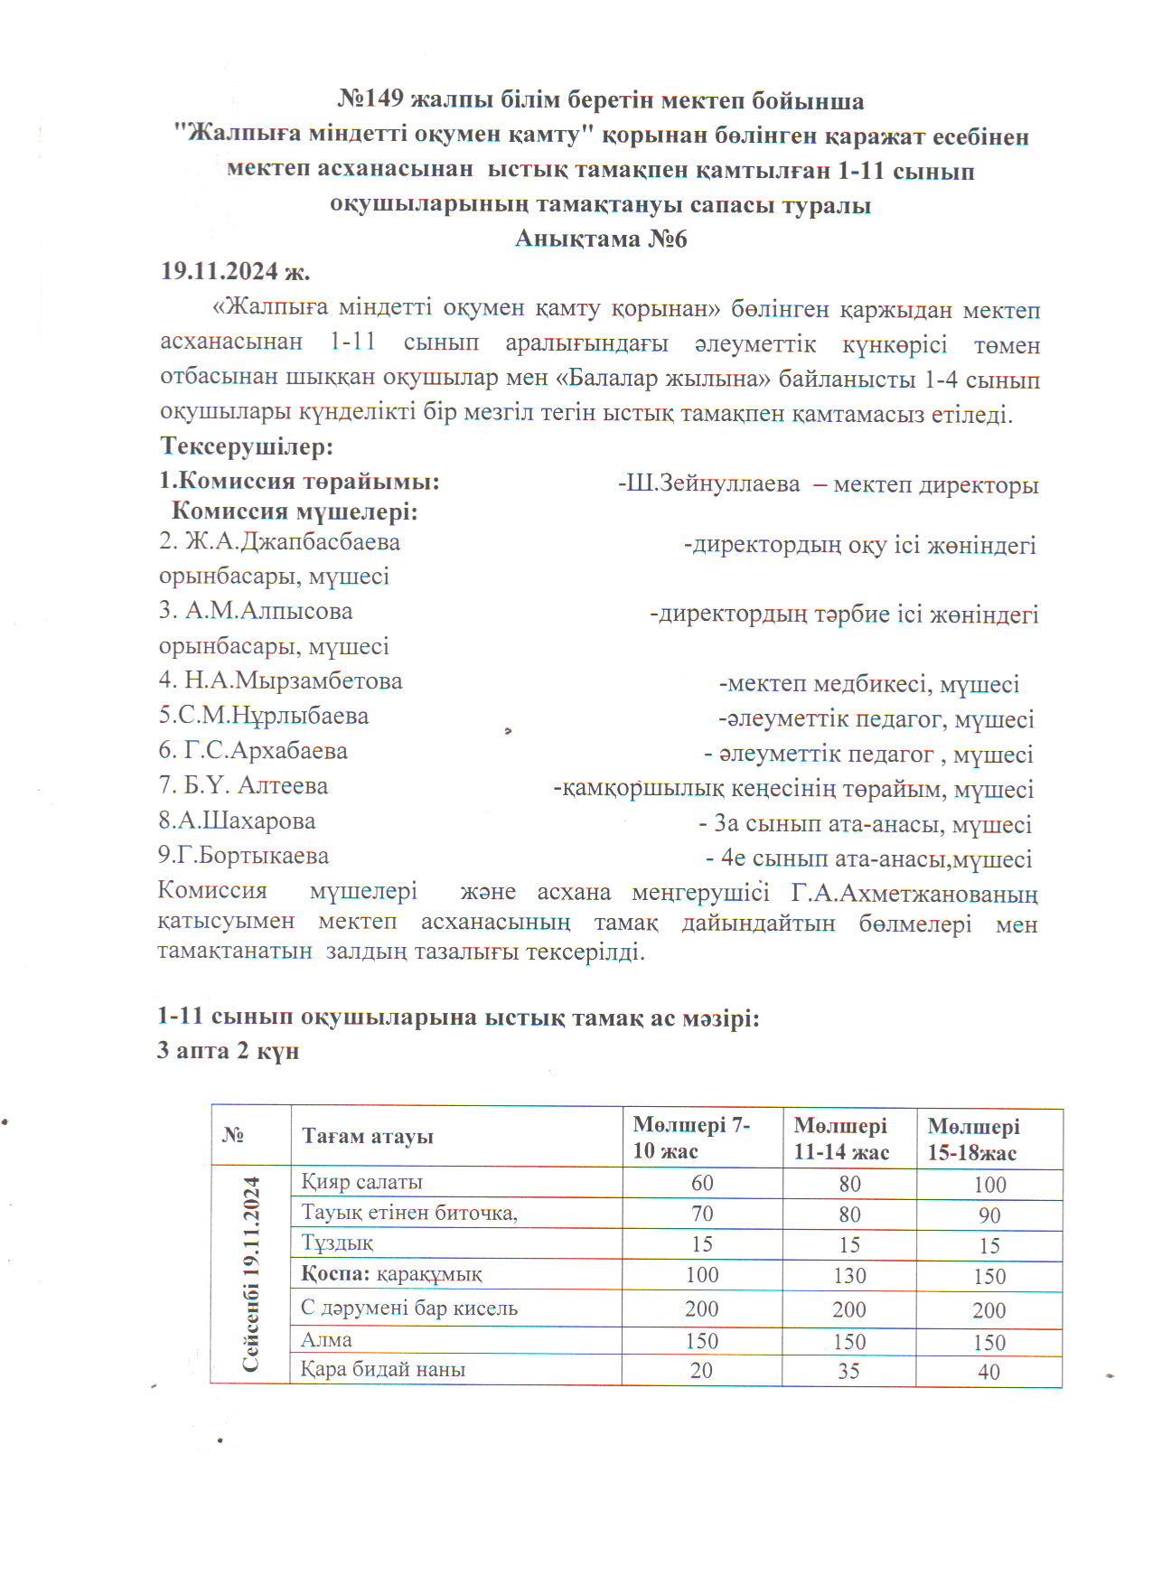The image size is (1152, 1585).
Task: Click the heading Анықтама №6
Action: click(x=601, y=239)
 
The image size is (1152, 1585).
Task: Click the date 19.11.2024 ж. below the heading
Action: click(x=235, y=272)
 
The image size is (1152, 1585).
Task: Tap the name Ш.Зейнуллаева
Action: click(x=713, y=484)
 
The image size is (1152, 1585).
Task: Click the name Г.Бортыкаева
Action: click(x=243, y=856)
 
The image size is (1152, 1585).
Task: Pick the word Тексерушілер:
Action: click(x=247, y=447)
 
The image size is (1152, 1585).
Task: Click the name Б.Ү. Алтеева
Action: click(x=243, y=786)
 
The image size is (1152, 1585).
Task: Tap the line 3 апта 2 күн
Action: click(x=228, y=1051)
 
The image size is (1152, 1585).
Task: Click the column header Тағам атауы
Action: click(x=367, y=1137)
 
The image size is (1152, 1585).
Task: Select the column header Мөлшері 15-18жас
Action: click(x=973, y=1140)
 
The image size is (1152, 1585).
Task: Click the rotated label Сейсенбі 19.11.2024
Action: click(x=251, y=1274)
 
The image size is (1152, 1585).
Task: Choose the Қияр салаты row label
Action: click(x=361, y=1182)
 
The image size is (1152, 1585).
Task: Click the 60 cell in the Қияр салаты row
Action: click(x=702, y=1183)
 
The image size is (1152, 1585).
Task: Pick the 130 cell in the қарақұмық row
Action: click(x=849, y=1276)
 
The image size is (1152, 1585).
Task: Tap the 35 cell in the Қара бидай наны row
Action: click(x=848, y=1371)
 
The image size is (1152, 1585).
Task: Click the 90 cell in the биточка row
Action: click(x=989, y=1215)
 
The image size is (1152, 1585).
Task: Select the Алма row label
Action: click(x=326, y=1340)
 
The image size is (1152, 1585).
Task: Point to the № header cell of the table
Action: click(x=233, y=1135)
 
